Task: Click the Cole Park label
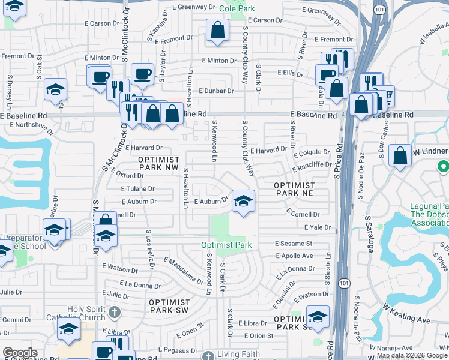tap(237, 8)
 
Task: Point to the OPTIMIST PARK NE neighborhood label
tap(295, 189)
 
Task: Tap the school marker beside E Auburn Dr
tap(243, 201)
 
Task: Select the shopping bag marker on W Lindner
tap(400, 156)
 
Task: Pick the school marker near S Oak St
tap(56, 89)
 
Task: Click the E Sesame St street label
tap(294, 244)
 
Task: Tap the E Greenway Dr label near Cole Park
tap(193, 7)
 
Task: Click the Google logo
tap(20, 353)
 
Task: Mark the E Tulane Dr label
tap(137, 188)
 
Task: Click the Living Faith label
tap(238, 354)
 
